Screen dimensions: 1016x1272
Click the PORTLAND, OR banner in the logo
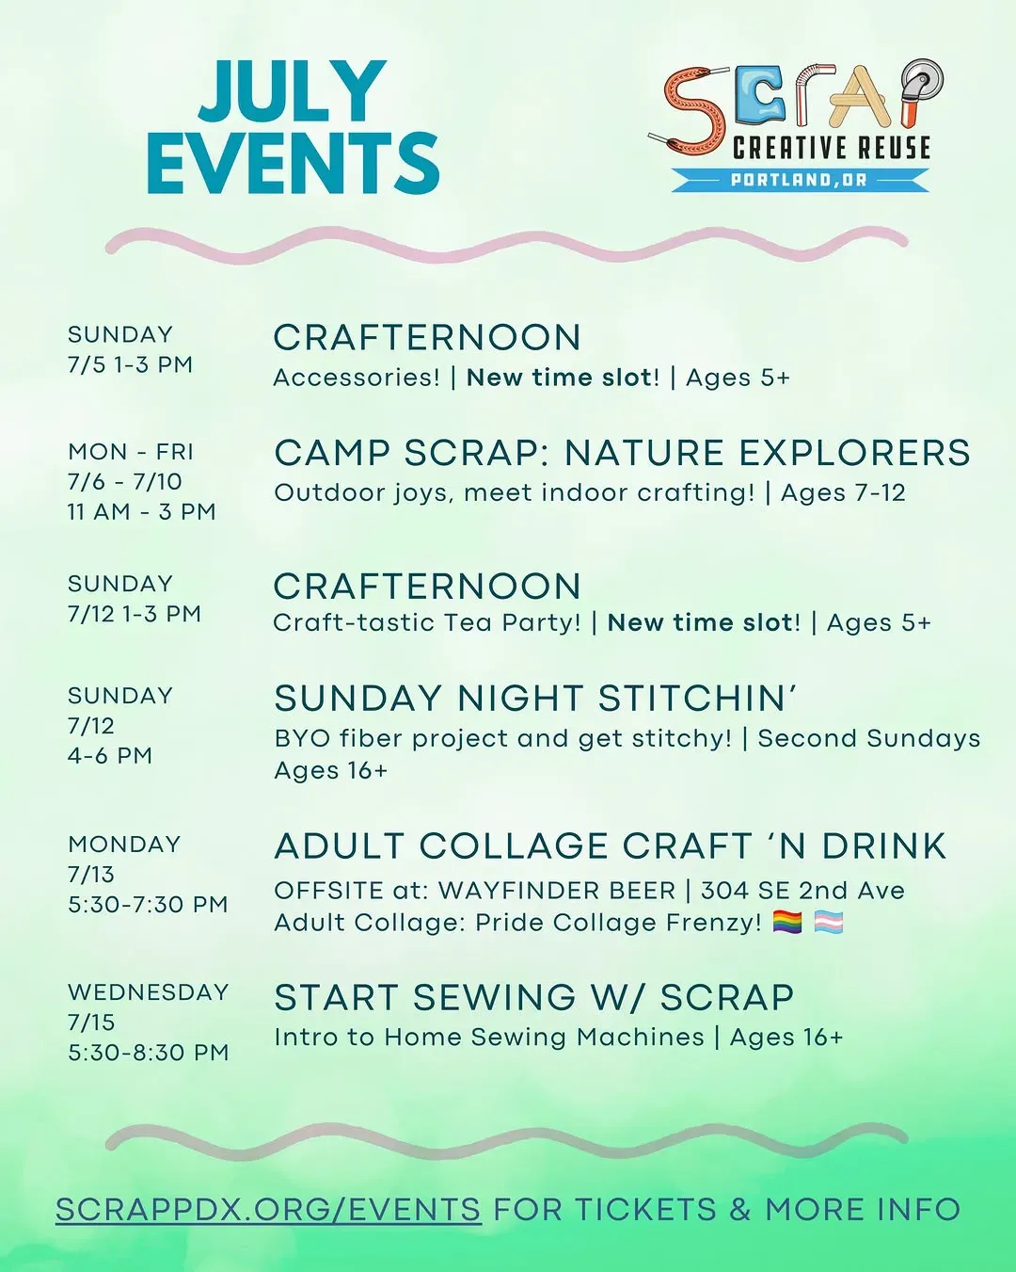[800, 180]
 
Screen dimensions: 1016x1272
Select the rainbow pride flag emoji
[787, 922]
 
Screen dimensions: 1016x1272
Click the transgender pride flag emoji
[829, 922]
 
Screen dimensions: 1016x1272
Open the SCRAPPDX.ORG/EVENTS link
[268, 1209]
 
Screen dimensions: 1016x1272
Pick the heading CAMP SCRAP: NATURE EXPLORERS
[622, 453]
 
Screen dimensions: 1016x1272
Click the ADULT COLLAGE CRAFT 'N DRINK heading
[611, 845]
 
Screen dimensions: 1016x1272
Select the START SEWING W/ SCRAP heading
[534, 997]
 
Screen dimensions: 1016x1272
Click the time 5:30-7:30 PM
[148, 905]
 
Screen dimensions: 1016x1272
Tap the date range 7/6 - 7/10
[124, 482]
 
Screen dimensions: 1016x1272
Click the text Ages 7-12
[843, 492]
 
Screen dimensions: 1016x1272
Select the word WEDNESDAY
[149, 991]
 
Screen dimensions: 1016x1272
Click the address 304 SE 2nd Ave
[802, 890]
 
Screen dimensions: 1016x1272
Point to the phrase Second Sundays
[869, 738]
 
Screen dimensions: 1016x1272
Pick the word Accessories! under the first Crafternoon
[357, 378]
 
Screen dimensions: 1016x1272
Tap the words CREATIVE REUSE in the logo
[832, 147]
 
